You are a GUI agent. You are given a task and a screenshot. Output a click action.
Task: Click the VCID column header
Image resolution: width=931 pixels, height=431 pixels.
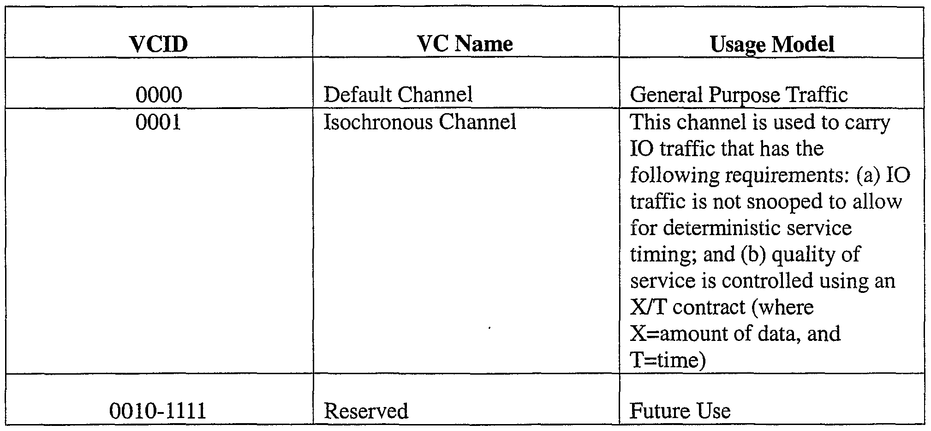tap(158, 44)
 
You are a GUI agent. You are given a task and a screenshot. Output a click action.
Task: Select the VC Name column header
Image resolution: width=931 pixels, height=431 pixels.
tap(465, 44)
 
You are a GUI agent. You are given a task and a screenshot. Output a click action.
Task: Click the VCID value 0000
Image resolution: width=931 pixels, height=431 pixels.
tap(158, 95)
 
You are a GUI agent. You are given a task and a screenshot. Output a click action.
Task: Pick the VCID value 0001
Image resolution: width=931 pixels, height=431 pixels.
tap(158, 122)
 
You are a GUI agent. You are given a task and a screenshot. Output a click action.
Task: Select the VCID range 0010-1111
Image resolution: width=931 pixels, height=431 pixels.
tap(158, 411)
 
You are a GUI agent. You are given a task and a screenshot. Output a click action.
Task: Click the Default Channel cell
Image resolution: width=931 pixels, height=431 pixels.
tap(398, 95)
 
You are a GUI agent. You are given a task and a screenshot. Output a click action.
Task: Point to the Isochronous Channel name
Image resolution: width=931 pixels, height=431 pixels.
tap(419, 122)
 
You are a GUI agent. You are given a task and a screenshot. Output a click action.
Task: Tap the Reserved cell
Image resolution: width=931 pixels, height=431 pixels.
tap(366, 411)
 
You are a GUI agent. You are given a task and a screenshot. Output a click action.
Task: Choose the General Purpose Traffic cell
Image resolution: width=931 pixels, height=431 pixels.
tap(739, 95)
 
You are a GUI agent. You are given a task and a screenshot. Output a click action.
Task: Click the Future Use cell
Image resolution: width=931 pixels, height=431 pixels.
tap(680, 411)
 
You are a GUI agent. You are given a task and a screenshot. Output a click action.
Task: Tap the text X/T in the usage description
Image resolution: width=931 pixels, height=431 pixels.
tap(648, 307)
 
